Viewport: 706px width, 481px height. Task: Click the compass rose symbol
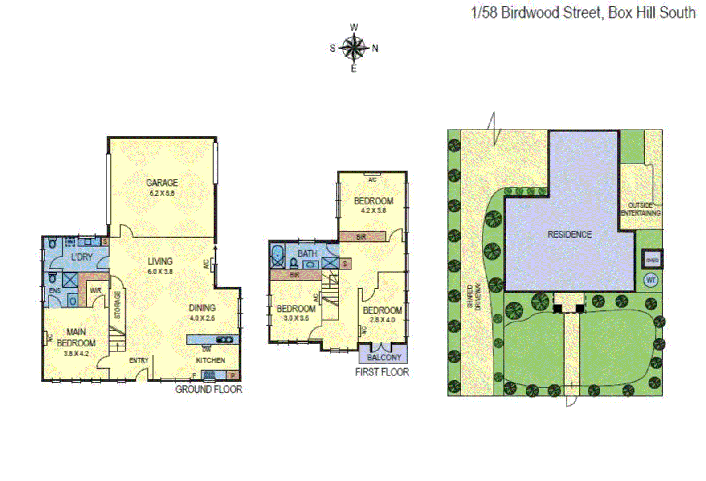[x=354, y=48]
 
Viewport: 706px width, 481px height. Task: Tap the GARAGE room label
[x=162, y=183]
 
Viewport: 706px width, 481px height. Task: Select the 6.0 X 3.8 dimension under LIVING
[x=160, y=271]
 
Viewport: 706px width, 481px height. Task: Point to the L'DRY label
[x=82, y=257]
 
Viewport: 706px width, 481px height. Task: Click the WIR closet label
[x=95, y=290]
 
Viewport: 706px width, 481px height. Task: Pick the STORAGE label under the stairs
[x=118, y=305]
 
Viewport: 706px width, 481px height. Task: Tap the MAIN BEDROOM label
[x=76, y=337]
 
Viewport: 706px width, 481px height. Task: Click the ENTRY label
[x=139, y=360]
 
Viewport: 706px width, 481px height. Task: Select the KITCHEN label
[x=211, y=360]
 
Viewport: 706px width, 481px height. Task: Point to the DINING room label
[x=202, y=308]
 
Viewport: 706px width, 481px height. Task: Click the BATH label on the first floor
[x=307, y=253]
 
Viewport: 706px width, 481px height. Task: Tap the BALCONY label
[x=384, y=357]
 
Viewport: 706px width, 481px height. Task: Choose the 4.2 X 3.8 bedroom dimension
[x=373, y=211]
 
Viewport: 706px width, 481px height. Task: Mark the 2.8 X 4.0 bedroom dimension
[x=382, y=320]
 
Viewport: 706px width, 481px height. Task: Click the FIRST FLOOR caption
[x=382, y=372]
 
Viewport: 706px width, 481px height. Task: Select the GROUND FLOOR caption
[x=208, y=390]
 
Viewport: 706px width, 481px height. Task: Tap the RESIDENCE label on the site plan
[x=569, y=235]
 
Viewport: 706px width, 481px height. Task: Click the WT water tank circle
[x=651, y=281]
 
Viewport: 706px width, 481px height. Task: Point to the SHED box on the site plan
[x=652, y=260]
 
